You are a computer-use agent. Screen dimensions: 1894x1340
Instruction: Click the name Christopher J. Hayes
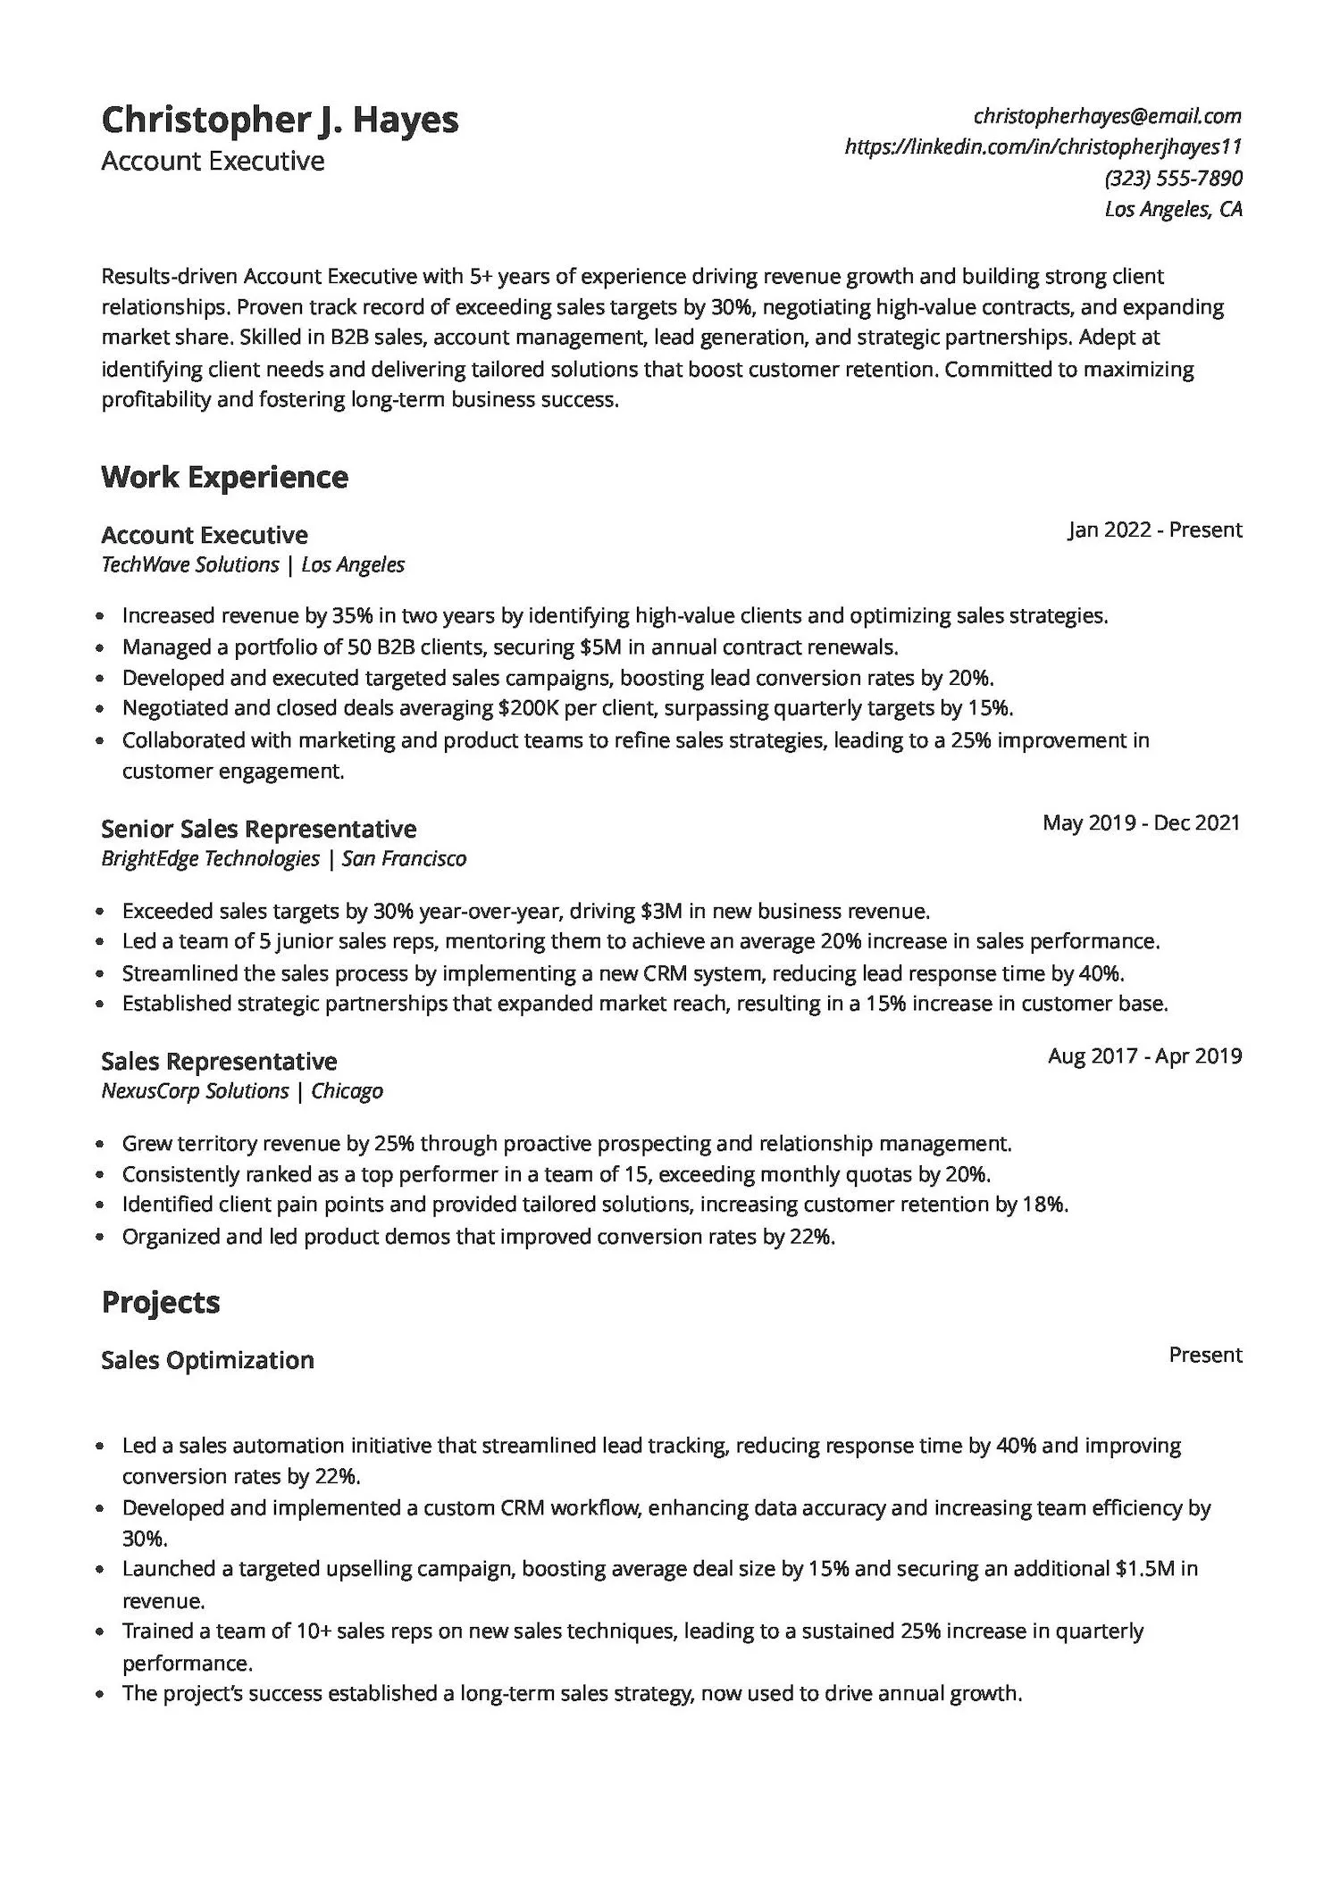coord(280,120)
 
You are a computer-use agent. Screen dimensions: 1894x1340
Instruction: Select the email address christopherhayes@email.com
coord(1107,116)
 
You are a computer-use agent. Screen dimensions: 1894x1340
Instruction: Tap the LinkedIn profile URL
coord(1043,146)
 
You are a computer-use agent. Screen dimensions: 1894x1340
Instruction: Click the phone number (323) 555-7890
coord(1173,178)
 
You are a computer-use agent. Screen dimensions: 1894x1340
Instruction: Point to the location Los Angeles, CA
coord(1173,209)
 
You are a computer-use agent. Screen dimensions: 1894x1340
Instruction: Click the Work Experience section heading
coord(224,477)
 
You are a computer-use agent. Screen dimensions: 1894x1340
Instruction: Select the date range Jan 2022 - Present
coord(1154,530)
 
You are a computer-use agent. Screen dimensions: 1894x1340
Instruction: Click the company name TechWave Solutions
coord(189,564)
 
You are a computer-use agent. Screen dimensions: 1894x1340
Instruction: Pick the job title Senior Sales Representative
coord(258,829)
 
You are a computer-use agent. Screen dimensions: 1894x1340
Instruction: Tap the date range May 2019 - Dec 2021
coord(1141,822)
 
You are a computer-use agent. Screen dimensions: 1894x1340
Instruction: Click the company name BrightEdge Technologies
coord(210,858)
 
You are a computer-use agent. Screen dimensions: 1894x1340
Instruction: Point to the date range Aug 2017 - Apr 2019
coord(1144,1055)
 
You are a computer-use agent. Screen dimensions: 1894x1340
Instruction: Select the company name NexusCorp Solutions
coord(195,1090)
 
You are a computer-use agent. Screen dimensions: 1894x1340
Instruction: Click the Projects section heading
coord(161,1302)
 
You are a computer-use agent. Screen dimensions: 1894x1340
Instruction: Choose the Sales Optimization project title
coord(207,1360)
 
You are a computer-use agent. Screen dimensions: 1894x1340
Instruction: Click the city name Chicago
coord(347,1090)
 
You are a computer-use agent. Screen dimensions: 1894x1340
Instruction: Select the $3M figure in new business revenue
coord(661,911)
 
